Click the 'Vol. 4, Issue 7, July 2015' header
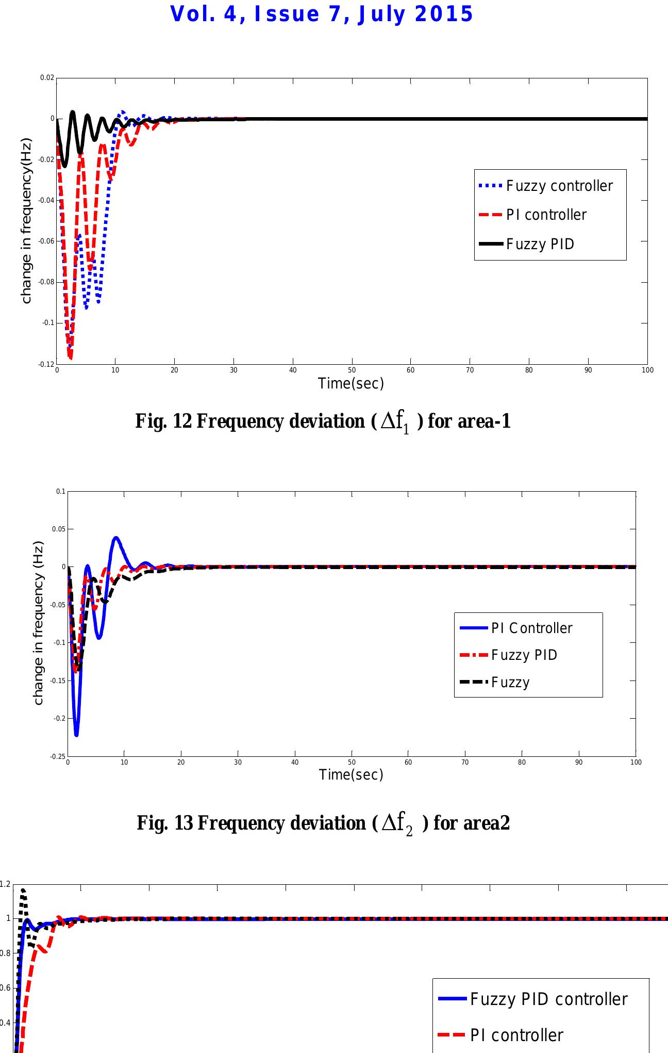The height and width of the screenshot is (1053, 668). coord(322,14)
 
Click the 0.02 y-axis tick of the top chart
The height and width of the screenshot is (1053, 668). coord(47,78)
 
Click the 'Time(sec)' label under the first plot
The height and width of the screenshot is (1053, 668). coord(351,383)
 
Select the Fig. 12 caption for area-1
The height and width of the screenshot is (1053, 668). coord(323,422)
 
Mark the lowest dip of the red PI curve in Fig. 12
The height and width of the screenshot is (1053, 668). coord(70,357)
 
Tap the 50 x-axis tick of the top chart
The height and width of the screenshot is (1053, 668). coord(352,370)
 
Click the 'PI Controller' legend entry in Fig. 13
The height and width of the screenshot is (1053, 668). coord(531,628)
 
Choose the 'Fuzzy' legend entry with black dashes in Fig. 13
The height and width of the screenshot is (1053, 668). coord(510,682)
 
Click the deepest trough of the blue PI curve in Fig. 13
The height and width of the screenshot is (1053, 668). coord(76,735)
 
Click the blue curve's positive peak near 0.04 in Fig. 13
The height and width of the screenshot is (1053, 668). coord(116,538)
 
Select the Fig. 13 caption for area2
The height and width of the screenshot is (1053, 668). coord(323,823)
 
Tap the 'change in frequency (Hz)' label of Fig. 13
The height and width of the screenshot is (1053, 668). coord(38,623)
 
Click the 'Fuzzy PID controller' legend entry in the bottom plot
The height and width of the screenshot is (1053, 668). coord(548,999)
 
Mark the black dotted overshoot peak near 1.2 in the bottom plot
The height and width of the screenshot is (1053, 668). coord(23,889)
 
